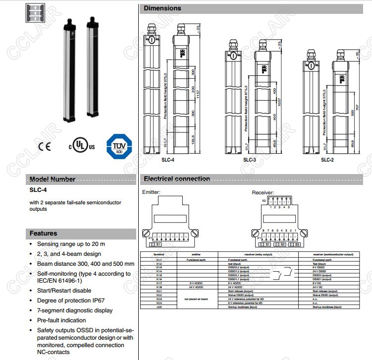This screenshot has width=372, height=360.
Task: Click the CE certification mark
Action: pos(45,147)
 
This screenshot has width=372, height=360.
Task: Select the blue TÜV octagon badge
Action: pos(119,147)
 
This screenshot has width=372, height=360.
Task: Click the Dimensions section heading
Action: pos(162,8)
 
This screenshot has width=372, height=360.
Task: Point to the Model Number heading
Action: pos(53,180)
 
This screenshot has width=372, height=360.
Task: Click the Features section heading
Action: pos(43,233)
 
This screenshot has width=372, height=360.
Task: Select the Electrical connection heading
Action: pos(177,179)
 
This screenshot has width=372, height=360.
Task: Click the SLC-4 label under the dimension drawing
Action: pos(168,160)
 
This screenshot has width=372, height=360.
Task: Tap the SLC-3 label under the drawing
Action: pos(250,160)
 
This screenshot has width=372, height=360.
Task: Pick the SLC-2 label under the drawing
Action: pos(327,160)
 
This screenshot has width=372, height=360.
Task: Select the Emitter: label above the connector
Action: pos(152,192)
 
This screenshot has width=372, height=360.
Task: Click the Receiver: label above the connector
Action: pos(263,192)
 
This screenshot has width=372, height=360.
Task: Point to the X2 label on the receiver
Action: pos(264,201)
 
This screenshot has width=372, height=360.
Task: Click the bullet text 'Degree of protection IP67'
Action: pos(71,300)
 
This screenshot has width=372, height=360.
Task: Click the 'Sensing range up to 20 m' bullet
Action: pos(71,244)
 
